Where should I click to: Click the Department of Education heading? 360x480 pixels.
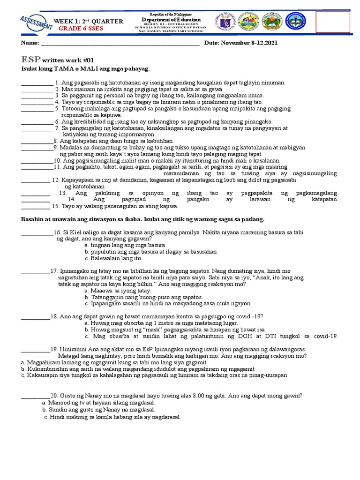171,20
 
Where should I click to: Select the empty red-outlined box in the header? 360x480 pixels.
333,22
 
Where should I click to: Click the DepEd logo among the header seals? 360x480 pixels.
251,22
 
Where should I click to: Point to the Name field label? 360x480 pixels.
29,44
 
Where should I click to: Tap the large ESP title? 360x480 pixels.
30,60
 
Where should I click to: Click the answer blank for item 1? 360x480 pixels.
37,83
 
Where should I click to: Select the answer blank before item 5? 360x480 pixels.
37,109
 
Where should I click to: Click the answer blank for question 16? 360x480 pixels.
37,232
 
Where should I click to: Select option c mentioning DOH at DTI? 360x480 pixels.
211,336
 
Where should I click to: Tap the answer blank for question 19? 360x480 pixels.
36,349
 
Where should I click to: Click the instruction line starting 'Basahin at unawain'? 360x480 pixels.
143,219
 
